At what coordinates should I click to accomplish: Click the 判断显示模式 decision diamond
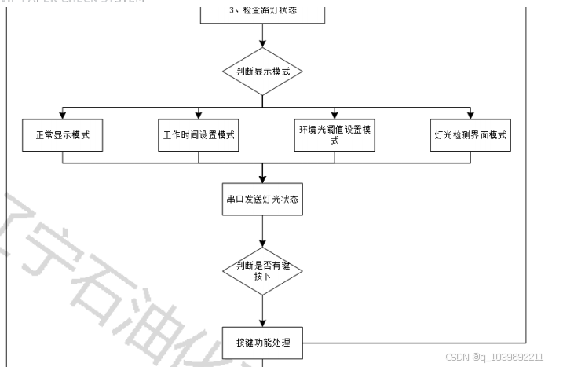pos(261,71)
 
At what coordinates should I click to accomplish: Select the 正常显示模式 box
pos(62,135)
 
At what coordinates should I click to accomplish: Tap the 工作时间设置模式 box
pos(199,135)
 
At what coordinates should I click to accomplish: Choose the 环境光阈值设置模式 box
pos(335,135)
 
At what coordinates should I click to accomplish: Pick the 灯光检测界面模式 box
pos(470,135)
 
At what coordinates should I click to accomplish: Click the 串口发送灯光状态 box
pos(261,200)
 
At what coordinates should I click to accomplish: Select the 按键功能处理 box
pos(261,342)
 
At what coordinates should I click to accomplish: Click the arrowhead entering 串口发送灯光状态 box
pos(261,180)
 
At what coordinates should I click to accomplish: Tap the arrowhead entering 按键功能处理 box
pos(261,321)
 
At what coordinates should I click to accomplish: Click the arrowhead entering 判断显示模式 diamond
pos(261,43)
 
